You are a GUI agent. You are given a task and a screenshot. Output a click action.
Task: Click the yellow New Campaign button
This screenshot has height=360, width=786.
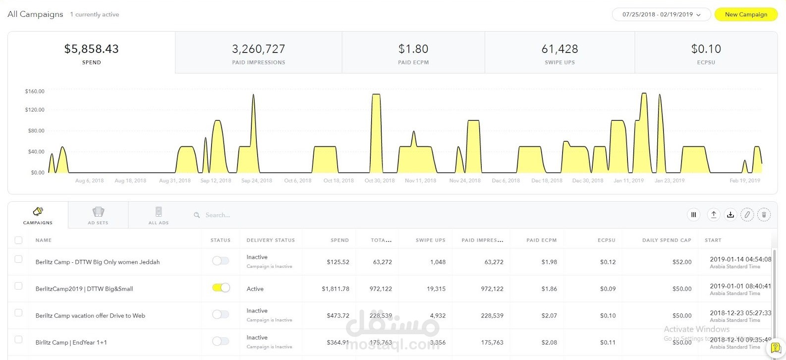click(745, 14)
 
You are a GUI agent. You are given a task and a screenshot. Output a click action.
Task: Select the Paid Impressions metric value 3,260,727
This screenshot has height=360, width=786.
click(258, 49)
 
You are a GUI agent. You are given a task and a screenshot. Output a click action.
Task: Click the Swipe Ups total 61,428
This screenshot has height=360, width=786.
click(560, 49)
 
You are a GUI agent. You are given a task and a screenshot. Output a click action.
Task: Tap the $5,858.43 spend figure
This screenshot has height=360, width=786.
click(91, 49)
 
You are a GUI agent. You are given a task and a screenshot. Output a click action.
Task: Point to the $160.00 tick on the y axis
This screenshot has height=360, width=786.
click(35, 91)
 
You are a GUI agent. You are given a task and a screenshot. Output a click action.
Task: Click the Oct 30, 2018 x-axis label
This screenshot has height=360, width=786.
click(380, 180)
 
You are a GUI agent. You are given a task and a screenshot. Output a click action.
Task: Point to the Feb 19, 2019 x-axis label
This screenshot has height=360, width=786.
click(744, 180)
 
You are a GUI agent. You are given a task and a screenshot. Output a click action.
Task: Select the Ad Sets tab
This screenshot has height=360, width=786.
click(98, 215)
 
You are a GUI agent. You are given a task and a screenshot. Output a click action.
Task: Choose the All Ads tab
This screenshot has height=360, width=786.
click(159, 215)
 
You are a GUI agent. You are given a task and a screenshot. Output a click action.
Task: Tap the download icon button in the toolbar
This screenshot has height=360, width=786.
click(730, 215)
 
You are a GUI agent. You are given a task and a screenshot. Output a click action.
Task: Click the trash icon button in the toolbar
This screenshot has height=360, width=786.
click(764, 215)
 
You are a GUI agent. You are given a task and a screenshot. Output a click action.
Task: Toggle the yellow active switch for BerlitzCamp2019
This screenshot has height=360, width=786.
click(221, 288)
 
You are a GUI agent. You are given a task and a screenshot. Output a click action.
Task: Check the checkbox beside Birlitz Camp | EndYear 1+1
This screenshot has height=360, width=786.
click(18, 340)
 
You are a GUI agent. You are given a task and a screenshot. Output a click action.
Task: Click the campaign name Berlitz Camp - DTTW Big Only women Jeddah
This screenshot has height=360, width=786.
click(98, 262)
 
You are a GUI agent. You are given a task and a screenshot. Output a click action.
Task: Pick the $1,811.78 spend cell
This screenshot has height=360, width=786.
click(336, 289)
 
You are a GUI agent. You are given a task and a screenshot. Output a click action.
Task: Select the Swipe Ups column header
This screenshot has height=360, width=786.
click(430, 240)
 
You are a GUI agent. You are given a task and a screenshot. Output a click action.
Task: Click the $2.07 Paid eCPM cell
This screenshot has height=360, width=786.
click(549, 315)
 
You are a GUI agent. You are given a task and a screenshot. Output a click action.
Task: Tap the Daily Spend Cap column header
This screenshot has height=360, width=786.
click(667, 240)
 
